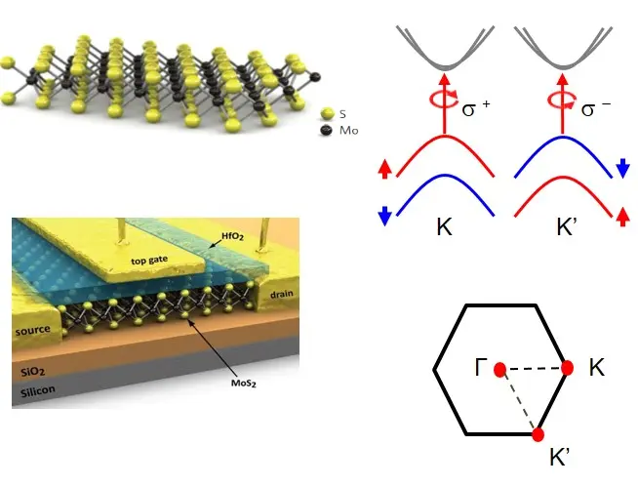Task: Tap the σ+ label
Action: point(475,109)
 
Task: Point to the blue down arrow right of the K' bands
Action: point(621,168)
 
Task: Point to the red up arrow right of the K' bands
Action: point(621,215)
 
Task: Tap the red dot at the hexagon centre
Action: point(499,370)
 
